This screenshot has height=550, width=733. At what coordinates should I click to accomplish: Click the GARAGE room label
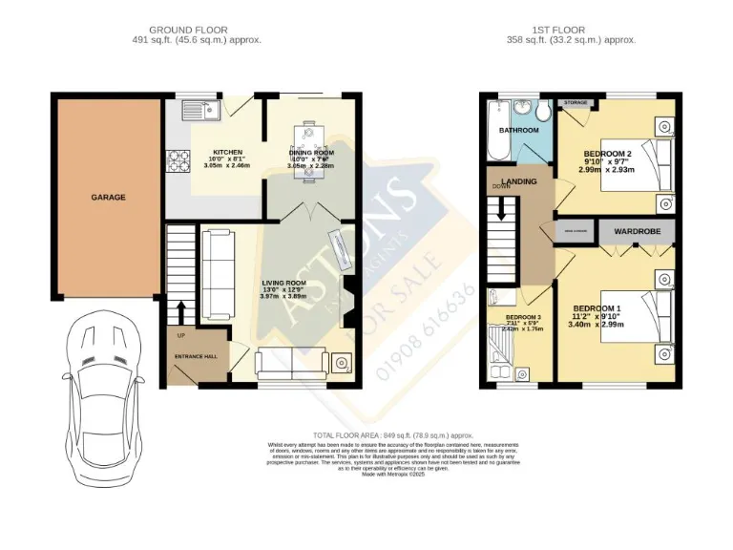click(108, 198)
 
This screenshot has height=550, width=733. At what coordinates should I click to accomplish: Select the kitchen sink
click(202, 111)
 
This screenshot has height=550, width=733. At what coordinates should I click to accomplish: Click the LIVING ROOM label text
click(283, 284)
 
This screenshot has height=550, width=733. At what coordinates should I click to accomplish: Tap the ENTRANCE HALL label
click(196, 356)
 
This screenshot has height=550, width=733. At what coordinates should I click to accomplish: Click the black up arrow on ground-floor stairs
click(180, 313)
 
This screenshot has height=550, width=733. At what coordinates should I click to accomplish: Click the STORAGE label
click(576, 101)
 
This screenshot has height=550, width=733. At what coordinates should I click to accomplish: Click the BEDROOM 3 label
click(523, 317)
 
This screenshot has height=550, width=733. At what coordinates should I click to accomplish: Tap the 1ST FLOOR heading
click(572, 30)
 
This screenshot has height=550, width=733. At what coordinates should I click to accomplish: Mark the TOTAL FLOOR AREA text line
click(366, 434)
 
